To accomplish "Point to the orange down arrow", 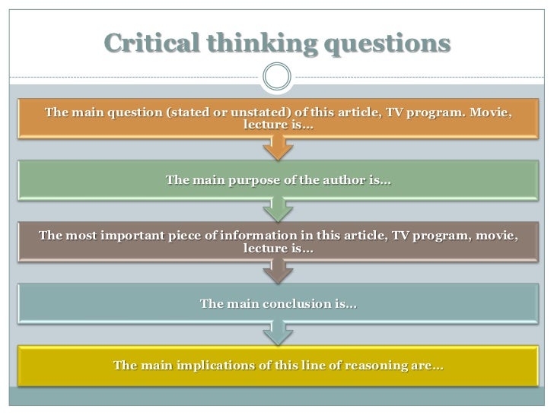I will [x=277, y=149].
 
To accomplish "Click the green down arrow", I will [x=277, y=207].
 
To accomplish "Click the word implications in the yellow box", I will [x=216, y=366].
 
